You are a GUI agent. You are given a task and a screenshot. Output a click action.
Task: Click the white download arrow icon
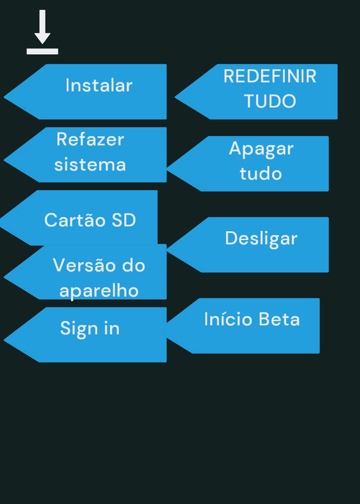pyautogui.click(x=42, y=32)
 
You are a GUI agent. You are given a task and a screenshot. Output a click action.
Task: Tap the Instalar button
pyautogui.click(x=85, y=91)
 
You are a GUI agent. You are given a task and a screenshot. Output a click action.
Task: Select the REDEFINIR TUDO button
pyautogui.click(x=256, y=91)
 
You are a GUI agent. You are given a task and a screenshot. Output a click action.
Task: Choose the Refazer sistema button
pyautogui.click(x=85, y=154)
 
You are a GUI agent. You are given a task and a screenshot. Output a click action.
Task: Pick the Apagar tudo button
pyautogui.click(x=248, y=164)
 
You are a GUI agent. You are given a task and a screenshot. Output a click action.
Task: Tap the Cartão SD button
pyautogui.click(x=79, y=217)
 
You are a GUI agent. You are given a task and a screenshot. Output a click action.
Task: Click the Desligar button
pyautogui.click(x=248, y=244)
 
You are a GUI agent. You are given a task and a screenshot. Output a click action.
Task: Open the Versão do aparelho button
pyautogui.click(x=85, y=272)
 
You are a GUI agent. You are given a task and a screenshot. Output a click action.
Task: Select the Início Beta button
pyautogui.click(x=243, y=326)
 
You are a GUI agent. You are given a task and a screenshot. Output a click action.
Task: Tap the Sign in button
pyautogui.click(x=85, y=335)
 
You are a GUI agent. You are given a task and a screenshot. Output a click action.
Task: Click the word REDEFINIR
pyautogui.click(x=270, y=76)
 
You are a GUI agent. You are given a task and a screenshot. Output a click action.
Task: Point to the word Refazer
pyautogui.click(x=90, y=139)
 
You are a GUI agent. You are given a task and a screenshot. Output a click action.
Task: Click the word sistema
pyautogui.click(x=90, y=164)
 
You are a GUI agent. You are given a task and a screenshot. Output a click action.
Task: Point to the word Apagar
pyautogui.click(x=261, y=149)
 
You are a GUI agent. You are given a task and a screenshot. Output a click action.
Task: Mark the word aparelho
pyautogui.click(x=99, y=291)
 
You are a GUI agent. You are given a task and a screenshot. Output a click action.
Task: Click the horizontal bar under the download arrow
pyautogui.click(x=42, y=52)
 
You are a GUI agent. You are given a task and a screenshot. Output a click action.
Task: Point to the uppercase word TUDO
pyautogui.click(x=270, y=101)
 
